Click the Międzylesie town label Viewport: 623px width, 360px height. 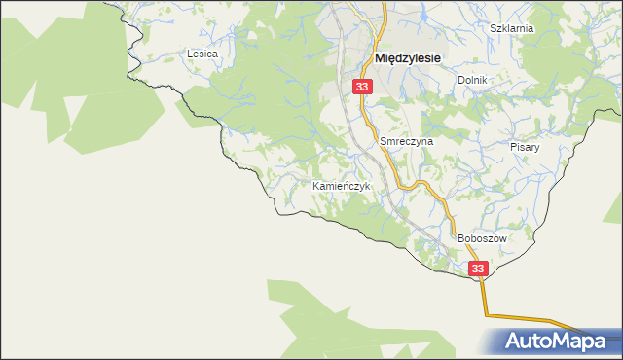pos(408,58)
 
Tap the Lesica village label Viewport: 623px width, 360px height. pos(202,54)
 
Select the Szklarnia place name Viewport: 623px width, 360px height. pos(512,28)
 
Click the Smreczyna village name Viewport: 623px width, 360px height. pos(406,141)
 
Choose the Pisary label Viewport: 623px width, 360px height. pos(525,147)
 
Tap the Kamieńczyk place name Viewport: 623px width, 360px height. pos(341,186)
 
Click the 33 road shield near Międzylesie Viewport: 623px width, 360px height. pos(362,88)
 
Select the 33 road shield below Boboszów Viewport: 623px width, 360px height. pos(477,269)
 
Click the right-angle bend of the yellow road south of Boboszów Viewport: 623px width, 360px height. pos(485,314)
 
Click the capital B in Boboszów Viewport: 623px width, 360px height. pos(460,238)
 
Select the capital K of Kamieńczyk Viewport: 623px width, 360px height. pos(315,186)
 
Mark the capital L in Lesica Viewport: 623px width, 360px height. pos(190,54)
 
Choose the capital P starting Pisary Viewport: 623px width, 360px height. pos(513,147)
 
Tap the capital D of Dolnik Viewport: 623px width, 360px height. pos(460,80)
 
